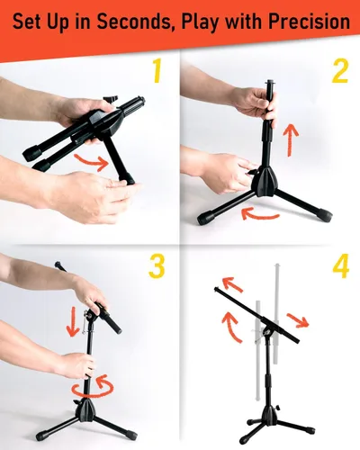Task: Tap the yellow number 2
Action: [x=338, y=70]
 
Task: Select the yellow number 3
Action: [x=157, y=266]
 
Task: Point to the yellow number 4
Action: [x=339, y=268]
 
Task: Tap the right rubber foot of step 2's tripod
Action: [x=321, y=215]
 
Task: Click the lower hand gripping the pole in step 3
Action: [x=74, y=364]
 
